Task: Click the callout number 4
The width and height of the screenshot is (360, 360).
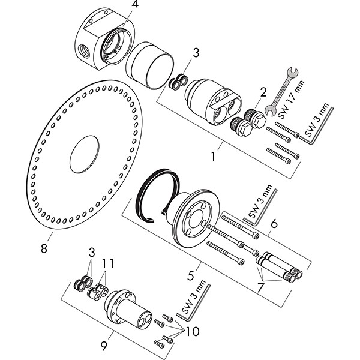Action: pos(134,5)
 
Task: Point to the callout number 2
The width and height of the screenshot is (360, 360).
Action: pos(262,92)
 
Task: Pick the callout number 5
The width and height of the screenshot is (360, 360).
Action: pos(190,276)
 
